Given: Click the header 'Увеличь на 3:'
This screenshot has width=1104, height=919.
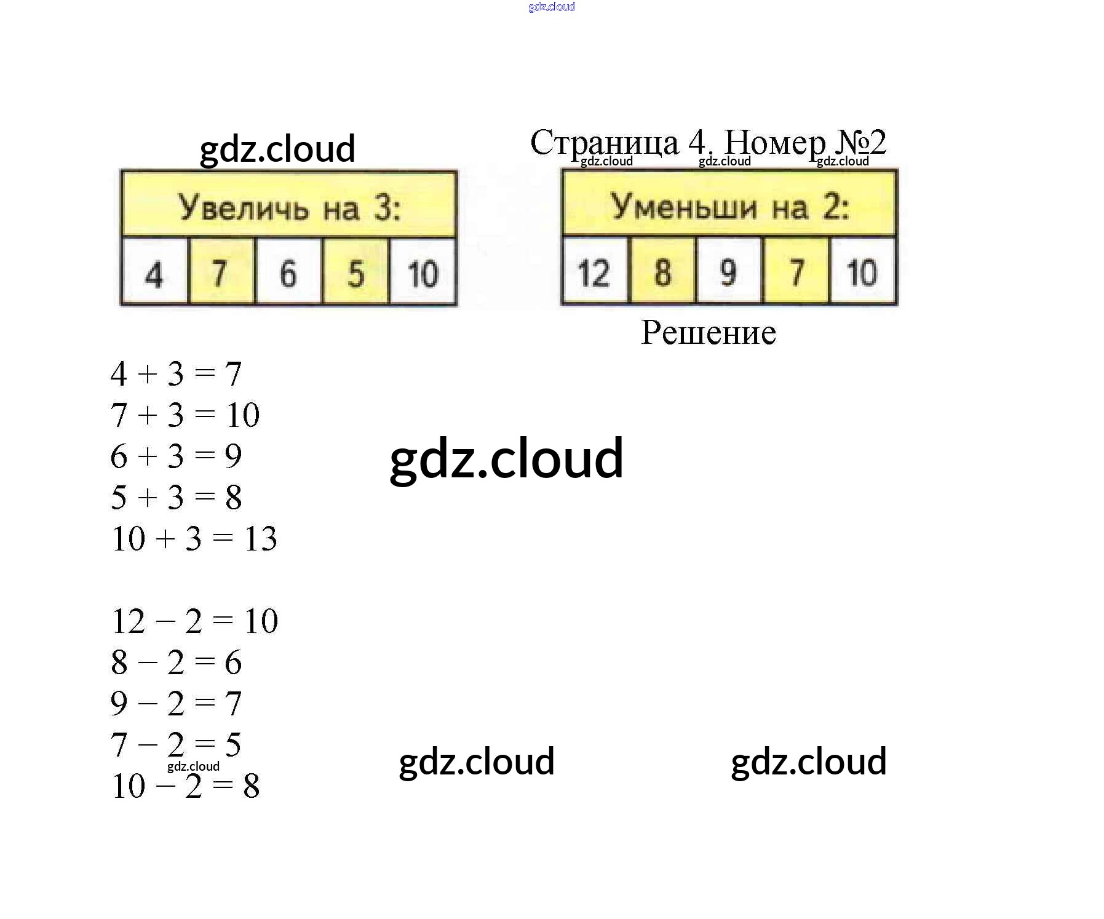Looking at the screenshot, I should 288,206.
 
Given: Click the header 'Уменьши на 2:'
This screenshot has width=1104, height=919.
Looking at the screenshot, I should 729,205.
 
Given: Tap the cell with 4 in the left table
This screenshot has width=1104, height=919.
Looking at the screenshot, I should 154,273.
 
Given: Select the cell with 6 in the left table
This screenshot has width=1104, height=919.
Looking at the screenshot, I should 288,273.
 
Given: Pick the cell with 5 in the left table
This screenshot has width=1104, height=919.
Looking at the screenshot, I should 355,273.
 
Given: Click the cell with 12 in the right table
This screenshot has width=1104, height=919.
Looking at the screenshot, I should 594,271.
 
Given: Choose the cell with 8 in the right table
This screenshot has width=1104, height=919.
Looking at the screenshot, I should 662,271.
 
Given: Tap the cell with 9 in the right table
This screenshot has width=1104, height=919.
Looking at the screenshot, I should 729,271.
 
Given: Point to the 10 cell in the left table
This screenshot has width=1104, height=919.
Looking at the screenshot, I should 423,273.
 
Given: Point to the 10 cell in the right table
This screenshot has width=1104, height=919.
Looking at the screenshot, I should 862,271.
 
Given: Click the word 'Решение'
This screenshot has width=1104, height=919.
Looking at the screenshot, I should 708,333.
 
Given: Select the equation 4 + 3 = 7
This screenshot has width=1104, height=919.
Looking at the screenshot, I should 176,374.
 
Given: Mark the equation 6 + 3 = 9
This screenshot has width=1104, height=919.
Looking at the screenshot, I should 176,456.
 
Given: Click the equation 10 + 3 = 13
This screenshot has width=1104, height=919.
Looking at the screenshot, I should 194,539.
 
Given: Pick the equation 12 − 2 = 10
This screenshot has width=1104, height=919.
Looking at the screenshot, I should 194,621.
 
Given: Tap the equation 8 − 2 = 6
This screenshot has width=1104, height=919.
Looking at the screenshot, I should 176,662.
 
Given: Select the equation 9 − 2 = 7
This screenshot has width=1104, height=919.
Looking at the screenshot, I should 176,704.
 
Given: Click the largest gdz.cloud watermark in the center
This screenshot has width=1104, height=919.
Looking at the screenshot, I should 506,458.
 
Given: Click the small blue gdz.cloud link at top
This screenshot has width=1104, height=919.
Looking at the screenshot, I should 552,7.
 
